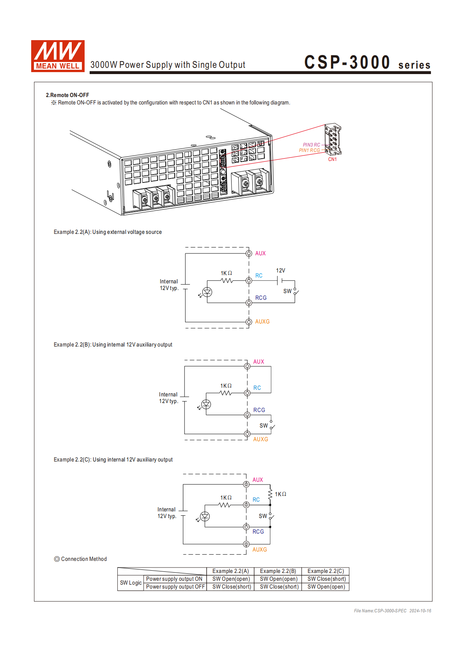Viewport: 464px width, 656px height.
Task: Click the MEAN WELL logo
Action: (58, 56)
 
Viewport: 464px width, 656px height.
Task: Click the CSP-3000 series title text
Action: (367, 63)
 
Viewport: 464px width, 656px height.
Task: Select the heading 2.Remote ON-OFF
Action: (67, 95)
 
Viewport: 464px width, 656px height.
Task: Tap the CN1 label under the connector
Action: (332, 159)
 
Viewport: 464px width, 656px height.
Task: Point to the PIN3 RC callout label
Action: (312, 145)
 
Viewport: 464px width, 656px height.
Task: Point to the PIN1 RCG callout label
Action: (309, 150)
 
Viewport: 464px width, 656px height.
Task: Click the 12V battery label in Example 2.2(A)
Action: (280, 271)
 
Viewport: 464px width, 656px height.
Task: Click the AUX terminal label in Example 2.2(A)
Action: (260, 253)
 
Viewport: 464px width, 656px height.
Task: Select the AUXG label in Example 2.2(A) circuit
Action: (262, 322)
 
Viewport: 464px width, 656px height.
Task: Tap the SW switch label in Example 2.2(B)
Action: (264, 426)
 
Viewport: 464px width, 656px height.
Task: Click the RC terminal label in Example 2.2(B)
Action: (257, 388)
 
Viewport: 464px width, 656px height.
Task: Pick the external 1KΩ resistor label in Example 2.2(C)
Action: (280, 494)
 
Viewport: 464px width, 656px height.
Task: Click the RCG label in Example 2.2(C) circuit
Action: (258, 532)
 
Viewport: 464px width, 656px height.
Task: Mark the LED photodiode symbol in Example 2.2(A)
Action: (207, 292)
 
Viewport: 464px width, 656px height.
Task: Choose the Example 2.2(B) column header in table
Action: (278, 571)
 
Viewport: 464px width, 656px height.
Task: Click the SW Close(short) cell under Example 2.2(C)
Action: (326, 579)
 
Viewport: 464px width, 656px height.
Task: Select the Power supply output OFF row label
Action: (175, 587)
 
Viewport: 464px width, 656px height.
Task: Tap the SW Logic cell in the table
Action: (131, 583)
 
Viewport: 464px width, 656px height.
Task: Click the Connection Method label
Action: (83, 559)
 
